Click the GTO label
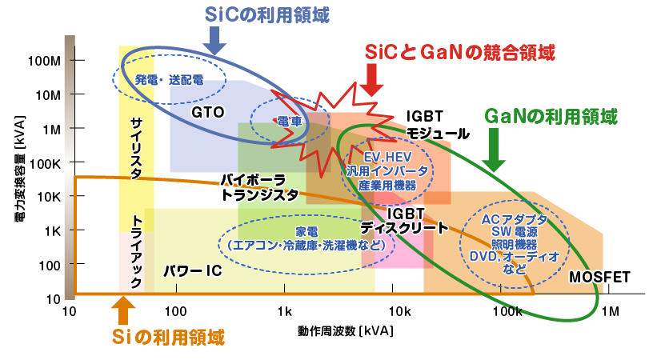point(207,112)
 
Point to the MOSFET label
point(599,278)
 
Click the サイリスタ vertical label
point(136,149)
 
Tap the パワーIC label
point(192,271)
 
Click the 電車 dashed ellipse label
point(289,122)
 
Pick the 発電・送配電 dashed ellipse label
point(169,80)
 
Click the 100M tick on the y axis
point(45,61)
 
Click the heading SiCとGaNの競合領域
point(459,53)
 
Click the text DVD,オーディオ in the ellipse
point(515,257)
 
